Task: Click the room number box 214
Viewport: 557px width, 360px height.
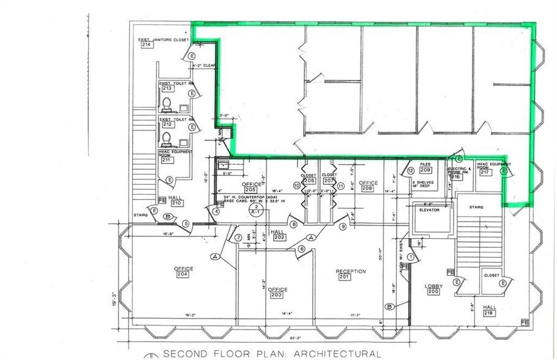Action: tap(147, 45)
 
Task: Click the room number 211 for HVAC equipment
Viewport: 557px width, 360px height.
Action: tap(166, 160)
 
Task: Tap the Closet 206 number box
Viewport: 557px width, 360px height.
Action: tap(310, 181)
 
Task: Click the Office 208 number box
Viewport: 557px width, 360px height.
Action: tap(367, 189)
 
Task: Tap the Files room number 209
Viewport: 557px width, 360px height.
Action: tap(425, 170)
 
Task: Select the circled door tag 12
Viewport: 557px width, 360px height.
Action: tap(411, 170)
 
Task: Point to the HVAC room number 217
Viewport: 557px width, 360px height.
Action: tap(485, 172)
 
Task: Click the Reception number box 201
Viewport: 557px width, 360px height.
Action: tap(345, 277)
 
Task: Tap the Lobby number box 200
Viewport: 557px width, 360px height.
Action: tap(433, 292)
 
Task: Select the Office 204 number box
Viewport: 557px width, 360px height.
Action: tap(183, 274)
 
